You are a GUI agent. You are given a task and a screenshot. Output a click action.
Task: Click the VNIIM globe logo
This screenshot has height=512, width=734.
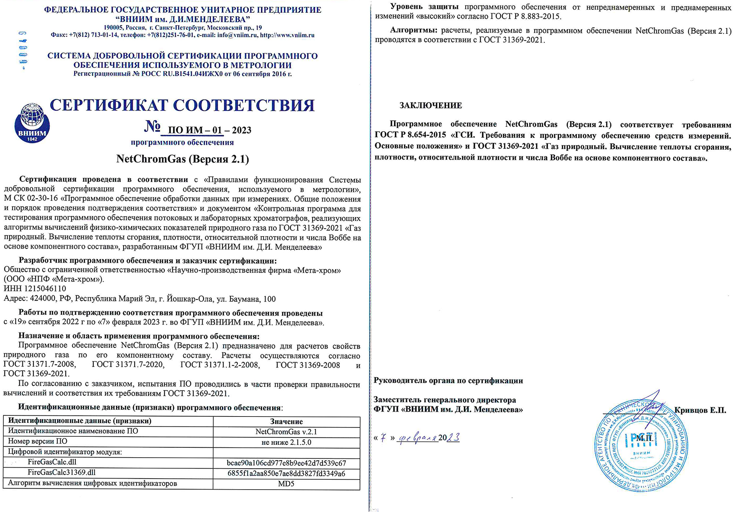(x=32, y=123)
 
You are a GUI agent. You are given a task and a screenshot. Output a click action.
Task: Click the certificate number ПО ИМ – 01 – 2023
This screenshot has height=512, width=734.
(x=209, y=130)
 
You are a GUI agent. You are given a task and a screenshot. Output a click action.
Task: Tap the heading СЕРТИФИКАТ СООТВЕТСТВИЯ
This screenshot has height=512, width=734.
(x=182, y=105)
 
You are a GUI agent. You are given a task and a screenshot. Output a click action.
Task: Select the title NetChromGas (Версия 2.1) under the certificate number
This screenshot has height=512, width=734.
(x=182, y=159)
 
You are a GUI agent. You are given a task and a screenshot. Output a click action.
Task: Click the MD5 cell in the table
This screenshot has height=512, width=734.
(x=286, y=484)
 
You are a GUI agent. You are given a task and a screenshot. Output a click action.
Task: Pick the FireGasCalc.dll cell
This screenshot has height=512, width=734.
(x=52, y=462)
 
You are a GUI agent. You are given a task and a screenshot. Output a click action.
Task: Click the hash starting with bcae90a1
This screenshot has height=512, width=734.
(x=286, y=463)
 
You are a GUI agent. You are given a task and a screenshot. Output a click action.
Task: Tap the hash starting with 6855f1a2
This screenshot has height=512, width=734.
(x=286, y=473)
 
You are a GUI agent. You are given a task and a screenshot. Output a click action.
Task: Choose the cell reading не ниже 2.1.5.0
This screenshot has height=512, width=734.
(x=286, y=442)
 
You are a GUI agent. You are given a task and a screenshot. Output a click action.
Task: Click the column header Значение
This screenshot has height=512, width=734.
(x=286, y=422)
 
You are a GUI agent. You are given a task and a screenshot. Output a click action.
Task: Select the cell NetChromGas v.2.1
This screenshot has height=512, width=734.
(x=286, y=432)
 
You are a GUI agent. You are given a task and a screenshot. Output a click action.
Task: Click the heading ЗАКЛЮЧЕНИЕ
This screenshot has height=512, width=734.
(x=430, y=106)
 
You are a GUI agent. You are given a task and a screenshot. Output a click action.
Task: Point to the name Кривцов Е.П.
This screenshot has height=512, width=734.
(x=700, y=410)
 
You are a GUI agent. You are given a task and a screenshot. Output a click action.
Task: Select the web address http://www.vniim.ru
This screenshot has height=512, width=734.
(x=287, y=35)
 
